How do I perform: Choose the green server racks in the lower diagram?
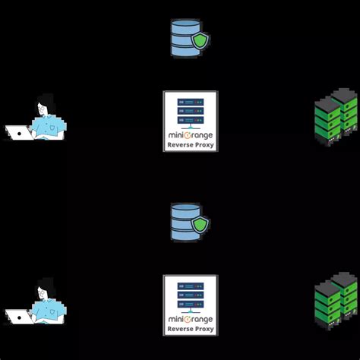coord(336,304)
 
